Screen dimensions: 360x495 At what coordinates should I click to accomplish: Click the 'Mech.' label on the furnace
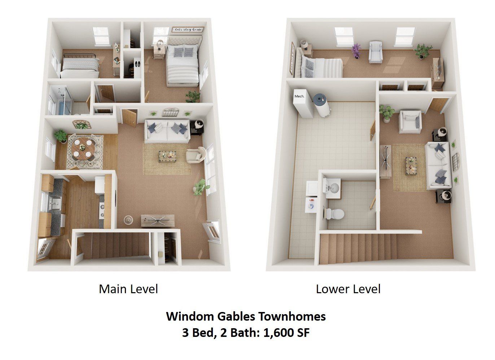(x=299, y=96)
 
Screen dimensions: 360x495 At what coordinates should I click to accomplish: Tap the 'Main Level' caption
(x=128, y=289)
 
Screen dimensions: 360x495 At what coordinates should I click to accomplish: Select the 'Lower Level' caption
(x=348, y=289)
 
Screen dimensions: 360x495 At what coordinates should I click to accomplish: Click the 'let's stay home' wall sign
(x=187, y=29)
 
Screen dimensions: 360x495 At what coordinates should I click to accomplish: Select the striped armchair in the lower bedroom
(x=376, y=52)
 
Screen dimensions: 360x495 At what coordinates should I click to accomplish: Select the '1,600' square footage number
(x=276, y=332)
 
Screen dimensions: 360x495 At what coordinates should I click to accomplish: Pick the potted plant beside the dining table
(x=60, y=136)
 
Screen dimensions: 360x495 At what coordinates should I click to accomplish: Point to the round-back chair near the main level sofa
(x=196, y=155)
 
